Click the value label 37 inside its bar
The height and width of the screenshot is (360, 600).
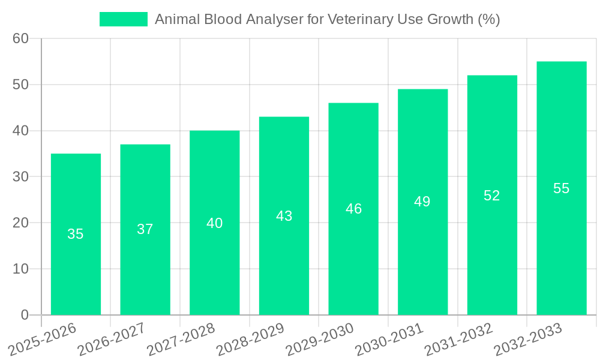pos(145,229)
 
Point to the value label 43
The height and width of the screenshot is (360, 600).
pos(284,216)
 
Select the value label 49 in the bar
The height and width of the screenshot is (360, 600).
pos(422,202)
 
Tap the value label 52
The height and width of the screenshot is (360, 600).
pos(492,196)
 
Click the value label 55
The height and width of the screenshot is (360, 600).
pos(561,188)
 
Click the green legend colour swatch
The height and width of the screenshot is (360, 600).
pos(123,19)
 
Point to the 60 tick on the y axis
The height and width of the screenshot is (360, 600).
pos(20,38)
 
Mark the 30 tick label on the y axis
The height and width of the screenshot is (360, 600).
pos(20,176)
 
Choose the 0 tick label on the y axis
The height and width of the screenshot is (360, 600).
pos(25,314)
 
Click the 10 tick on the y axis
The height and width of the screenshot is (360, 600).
pos(20,269)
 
